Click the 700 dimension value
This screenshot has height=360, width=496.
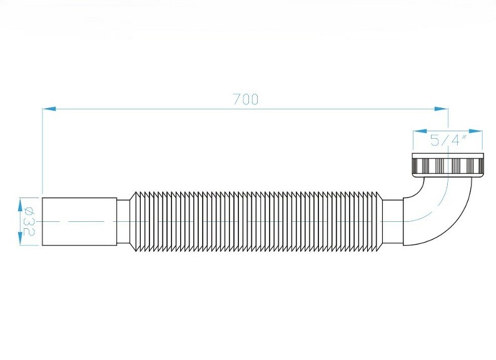(245, 99)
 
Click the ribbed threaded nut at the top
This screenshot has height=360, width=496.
(447, 165)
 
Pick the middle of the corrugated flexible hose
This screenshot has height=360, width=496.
(256, 221)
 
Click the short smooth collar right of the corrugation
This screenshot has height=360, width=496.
(393, 221)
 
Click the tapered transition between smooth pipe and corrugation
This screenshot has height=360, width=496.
(124, 221)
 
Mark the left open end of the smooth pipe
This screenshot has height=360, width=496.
(43, 221)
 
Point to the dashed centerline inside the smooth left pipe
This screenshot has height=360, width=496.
(69, 221)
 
